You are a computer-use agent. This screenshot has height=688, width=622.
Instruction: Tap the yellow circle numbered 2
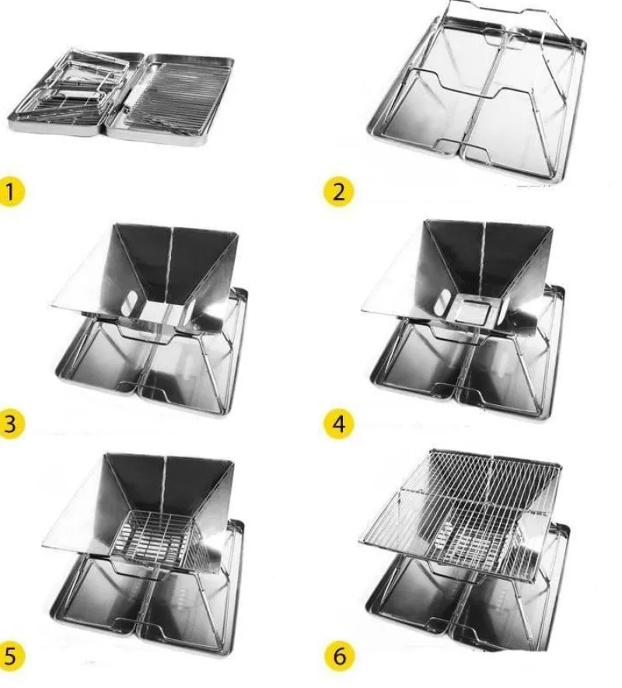coord(338,192)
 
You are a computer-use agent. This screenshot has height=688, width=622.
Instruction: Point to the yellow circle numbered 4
coord(339,424)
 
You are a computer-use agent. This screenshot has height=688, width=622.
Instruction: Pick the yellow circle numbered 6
coord(339,656)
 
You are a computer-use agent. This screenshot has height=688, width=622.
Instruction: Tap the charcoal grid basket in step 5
coord(159,542)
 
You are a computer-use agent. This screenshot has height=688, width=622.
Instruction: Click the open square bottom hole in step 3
coord(161,313)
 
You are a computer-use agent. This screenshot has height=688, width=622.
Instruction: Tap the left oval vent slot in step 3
coord(131,303)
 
